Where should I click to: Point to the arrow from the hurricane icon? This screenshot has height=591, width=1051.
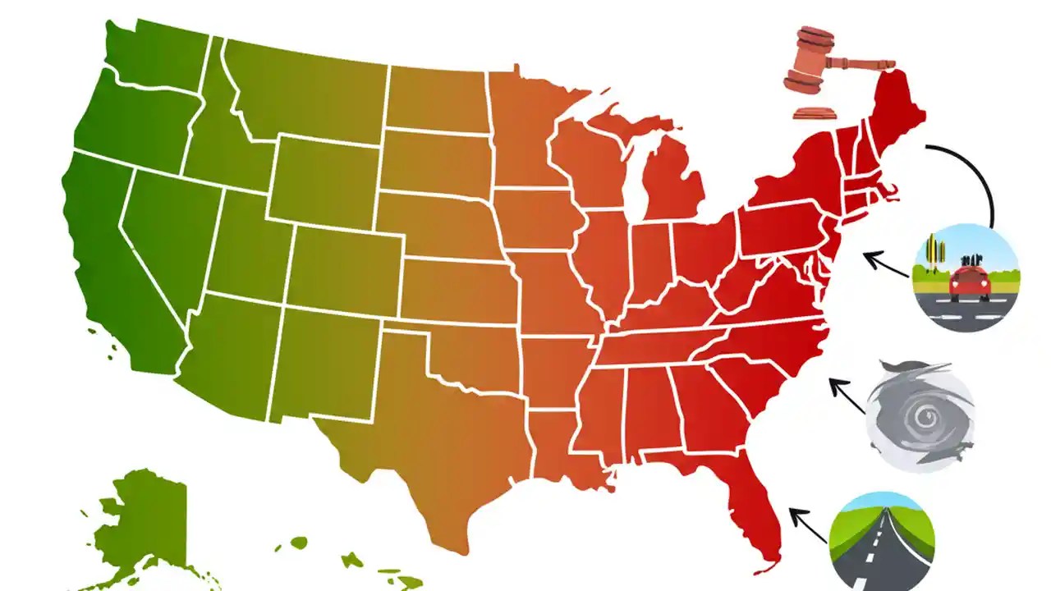846,394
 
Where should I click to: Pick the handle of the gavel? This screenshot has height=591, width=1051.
862,62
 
